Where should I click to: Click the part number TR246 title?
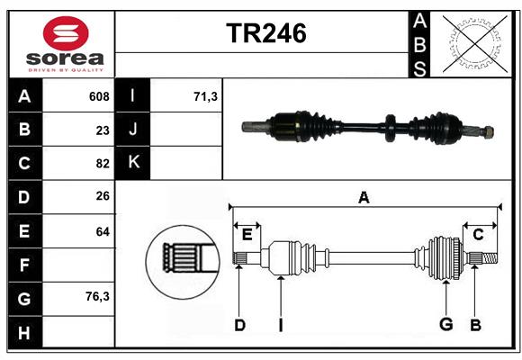(x=265, y=33)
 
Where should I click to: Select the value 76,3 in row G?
(x=97, y=295)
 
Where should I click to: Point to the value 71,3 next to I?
(x=206, y=96)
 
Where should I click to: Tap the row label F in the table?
(x=24, y=265)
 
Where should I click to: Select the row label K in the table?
(x=134, y=163)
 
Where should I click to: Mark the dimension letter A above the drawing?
(x=364, y=197)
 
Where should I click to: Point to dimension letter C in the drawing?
(x=478, y=234)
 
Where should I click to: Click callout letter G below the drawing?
(x=445, y=325)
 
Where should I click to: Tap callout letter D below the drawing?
(x=239, y=325)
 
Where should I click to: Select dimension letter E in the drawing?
(x=247, y=234)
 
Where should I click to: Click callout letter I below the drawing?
(x=280, y=325)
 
